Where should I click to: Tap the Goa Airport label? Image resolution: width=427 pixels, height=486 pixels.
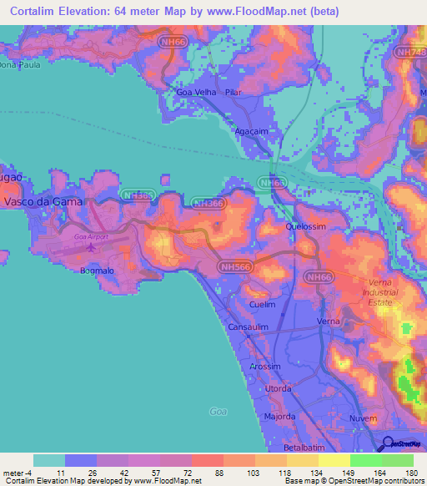coord(91,237)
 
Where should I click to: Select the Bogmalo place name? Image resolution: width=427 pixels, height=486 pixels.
coord(96,271)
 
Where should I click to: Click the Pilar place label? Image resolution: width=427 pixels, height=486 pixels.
coord(233,92)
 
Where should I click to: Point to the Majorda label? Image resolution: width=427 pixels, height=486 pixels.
coord(280,415)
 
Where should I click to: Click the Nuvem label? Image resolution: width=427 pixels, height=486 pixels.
coord(363,417)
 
